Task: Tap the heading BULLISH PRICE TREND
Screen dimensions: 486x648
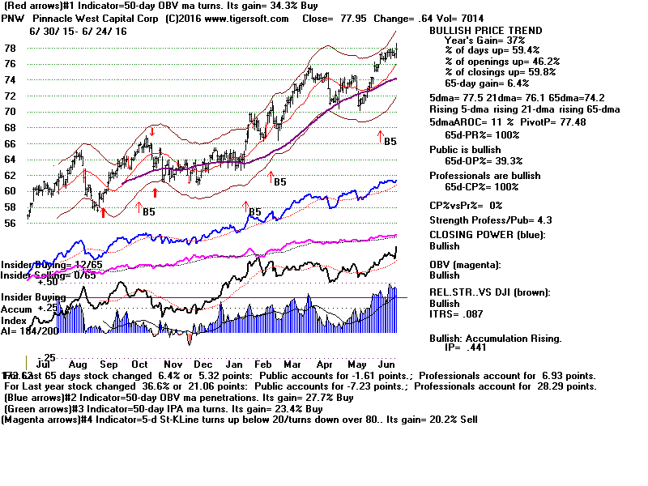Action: click(x=485, y=31)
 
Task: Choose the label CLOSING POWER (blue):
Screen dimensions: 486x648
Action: click(x=487, y=235)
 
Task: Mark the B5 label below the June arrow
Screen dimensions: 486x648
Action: click(x=390, y=141)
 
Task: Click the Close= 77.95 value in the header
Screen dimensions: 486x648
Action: click(x=352, y=19)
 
